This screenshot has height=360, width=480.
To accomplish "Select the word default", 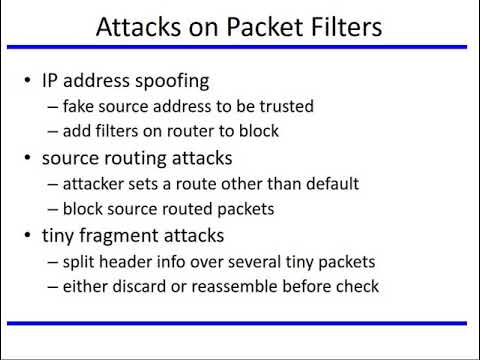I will (x=330, y=184).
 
